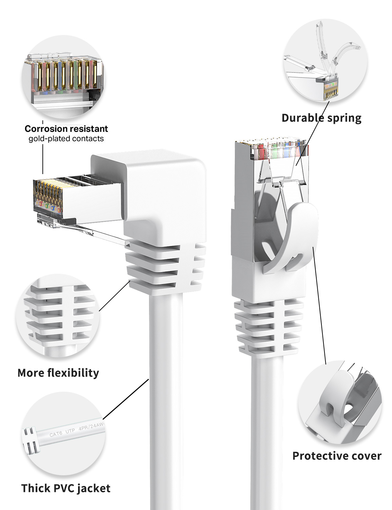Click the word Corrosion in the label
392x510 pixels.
pos(45,129)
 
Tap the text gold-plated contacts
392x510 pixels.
pos(66,139)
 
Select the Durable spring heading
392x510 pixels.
pos(321,118)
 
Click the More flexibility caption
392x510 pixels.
pos(58,373)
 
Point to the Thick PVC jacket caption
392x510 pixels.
pos(66,488)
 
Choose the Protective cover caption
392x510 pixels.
pos(337,456)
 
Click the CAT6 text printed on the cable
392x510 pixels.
pos(56,434)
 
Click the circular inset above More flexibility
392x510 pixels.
pos(58,316)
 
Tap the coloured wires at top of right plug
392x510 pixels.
pos(275,150)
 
